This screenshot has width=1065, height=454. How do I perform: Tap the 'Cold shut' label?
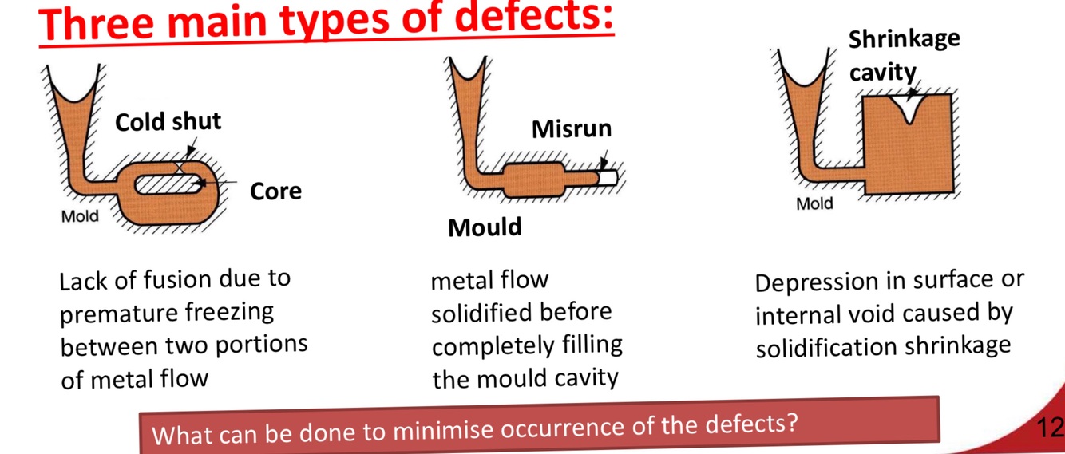[x=168, y=122]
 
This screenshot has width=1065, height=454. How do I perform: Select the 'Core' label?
[x=275, y=191]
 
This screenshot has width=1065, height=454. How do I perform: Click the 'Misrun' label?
[x=572, y=129]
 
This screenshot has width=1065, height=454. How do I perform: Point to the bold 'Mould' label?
[x=485, y=227]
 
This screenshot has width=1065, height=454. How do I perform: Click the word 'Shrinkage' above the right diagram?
[x=904, y=39]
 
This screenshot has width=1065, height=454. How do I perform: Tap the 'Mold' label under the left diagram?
[x=80, y=216]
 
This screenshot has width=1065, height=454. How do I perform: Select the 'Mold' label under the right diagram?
[x=814, y=203]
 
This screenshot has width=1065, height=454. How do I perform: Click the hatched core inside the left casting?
[x=168, y=184]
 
